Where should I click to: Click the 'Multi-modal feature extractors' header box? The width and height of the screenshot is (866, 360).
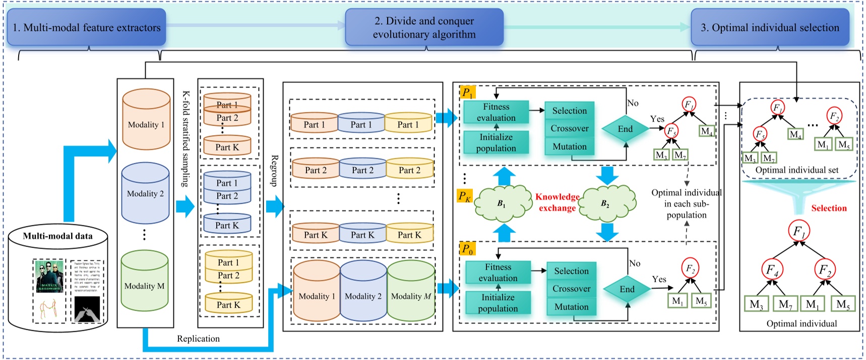click(86, 28)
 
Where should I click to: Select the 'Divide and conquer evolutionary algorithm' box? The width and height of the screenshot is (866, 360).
click(424, 28)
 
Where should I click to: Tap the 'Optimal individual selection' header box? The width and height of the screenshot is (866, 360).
click(770, 28)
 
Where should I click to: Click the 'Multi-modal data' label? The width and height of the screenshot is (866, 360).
click(57, 235)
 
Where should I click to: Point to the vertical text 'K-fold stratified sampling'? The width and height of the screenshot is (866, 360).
click(185, 139)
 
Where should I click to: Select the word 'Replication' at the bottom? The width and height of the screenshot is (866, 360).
click(198, 339)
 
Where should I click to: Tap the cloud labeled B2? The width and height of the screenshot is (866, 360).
click(606, 203)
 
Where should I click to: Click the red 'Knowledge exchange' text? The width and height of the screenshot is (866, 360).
click(557, 202)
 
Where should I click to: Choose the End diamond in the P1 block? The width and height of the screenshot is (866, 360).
click(625, 129)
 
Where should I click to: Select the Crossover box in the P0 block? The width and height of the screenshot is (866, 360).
click(571, 289)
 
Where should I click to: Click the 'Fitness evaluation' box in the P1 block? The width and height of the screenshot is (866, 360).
click(496, 112)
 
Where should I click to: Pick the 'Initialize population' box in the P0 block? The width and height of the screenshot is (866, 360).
click(498, 303)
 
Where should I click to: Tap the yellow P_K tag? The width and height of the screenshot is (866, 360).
click(464, 196)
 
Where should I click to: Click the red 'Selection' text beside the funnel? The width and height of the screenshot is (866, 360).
click(828, 208)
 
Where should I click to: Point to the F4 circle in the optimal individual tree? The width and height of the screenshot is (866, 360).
click(772, 270)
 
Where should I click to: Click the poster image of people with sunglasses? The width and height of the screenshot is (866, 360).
click(49, 276)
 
